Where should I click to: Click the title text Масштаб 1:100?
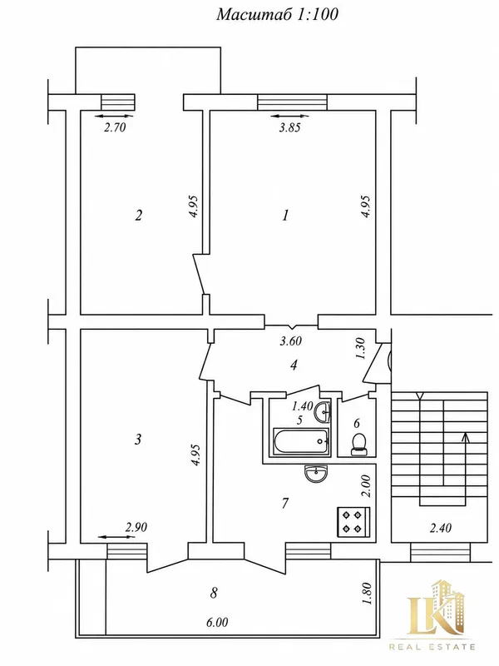point(277,14)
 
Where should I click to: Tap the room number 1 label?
point(285,215)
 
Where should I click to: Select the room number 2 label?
point(138,216)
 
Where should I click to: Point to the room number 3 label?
point(138,440)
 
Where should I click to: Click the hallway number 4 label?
point(294,365)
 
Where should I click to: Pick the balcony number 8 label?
point(214,593)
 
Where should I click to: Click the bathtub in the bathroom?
point(301,441)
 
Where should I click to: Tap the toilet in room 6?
point(359,445)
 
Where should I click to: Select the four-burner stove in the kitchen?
point(354,522)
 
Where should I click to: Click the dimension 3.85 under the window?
point(289,127)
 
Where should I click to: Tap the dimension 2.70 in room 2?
point(115,127)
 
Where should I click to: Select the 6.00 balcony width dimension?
point(217,622)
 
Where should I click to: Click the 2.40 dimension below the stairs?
point(441,528)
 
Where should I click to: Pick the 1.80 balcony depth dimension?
point(368,593)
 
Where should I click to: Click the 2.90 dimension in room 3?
point(136,527)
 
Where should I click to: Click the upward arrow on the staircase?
point(466,459)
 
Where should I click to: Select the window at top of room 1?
point(293,102)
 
